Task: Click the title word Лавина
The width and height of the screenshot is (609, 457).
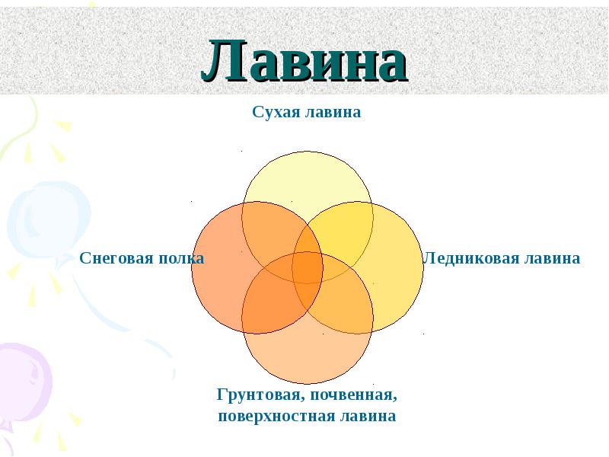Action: pos(304,61)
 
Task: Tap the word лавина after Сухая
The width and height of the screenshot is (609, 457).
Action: pos(333,112)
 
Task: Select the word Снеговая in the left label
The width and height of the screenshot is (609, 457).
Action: pos(110,258)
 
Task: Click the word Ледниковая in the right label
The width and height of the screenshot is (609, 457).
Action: pos(470,258)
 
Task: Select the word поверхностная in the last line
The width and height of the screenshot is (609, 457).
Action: pos(276,416)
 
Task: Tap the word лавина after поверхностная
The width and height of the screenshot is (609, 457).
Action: pos(368,415)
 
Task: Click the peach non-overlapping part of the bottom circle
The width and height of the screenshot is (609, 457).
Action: pos(308,357)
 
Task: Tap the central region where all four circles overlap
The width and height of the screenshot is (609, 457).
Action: pos(308,267)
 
